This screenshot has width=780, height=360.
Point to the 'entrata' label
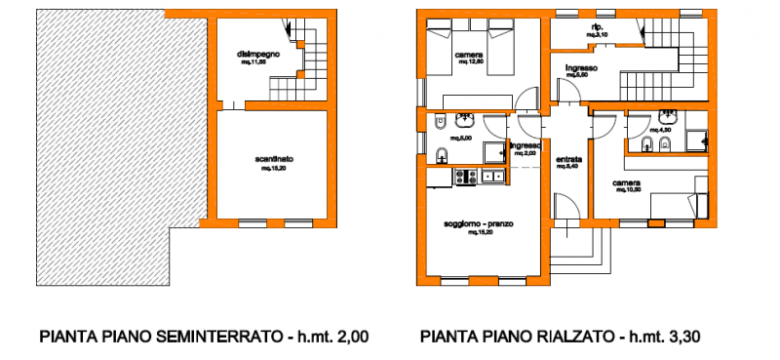(569, 159)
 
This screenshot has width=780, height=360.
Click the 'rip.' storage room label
(597, 25)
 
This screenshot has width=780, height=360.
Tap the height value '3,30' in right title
(681, 339)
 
